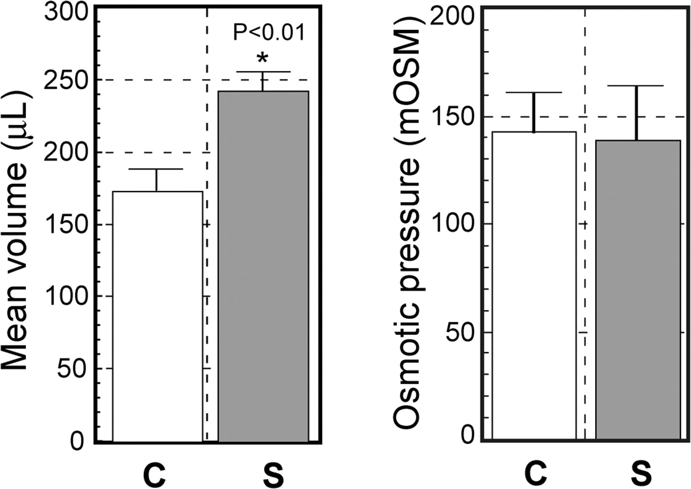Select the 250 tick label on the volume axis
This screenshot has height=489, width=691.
67,80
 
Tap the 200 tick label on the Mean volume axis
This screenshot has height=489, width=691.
67,152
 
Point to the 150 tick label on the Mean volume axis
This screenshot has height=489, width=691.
67,224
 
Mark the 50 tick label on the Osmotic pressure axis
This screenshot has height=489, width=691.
461,332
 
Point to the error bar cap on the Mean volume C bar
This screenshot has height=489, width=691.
157,169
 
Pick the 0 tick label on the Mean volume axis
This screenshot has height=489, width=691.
77,441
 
